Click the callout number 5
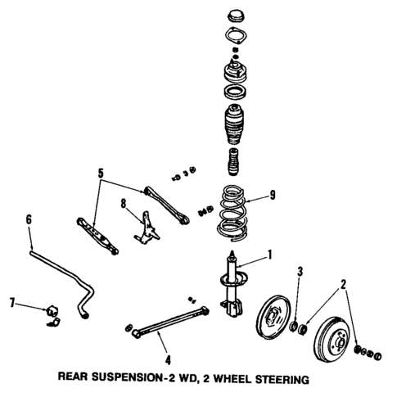coord(101,174)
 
